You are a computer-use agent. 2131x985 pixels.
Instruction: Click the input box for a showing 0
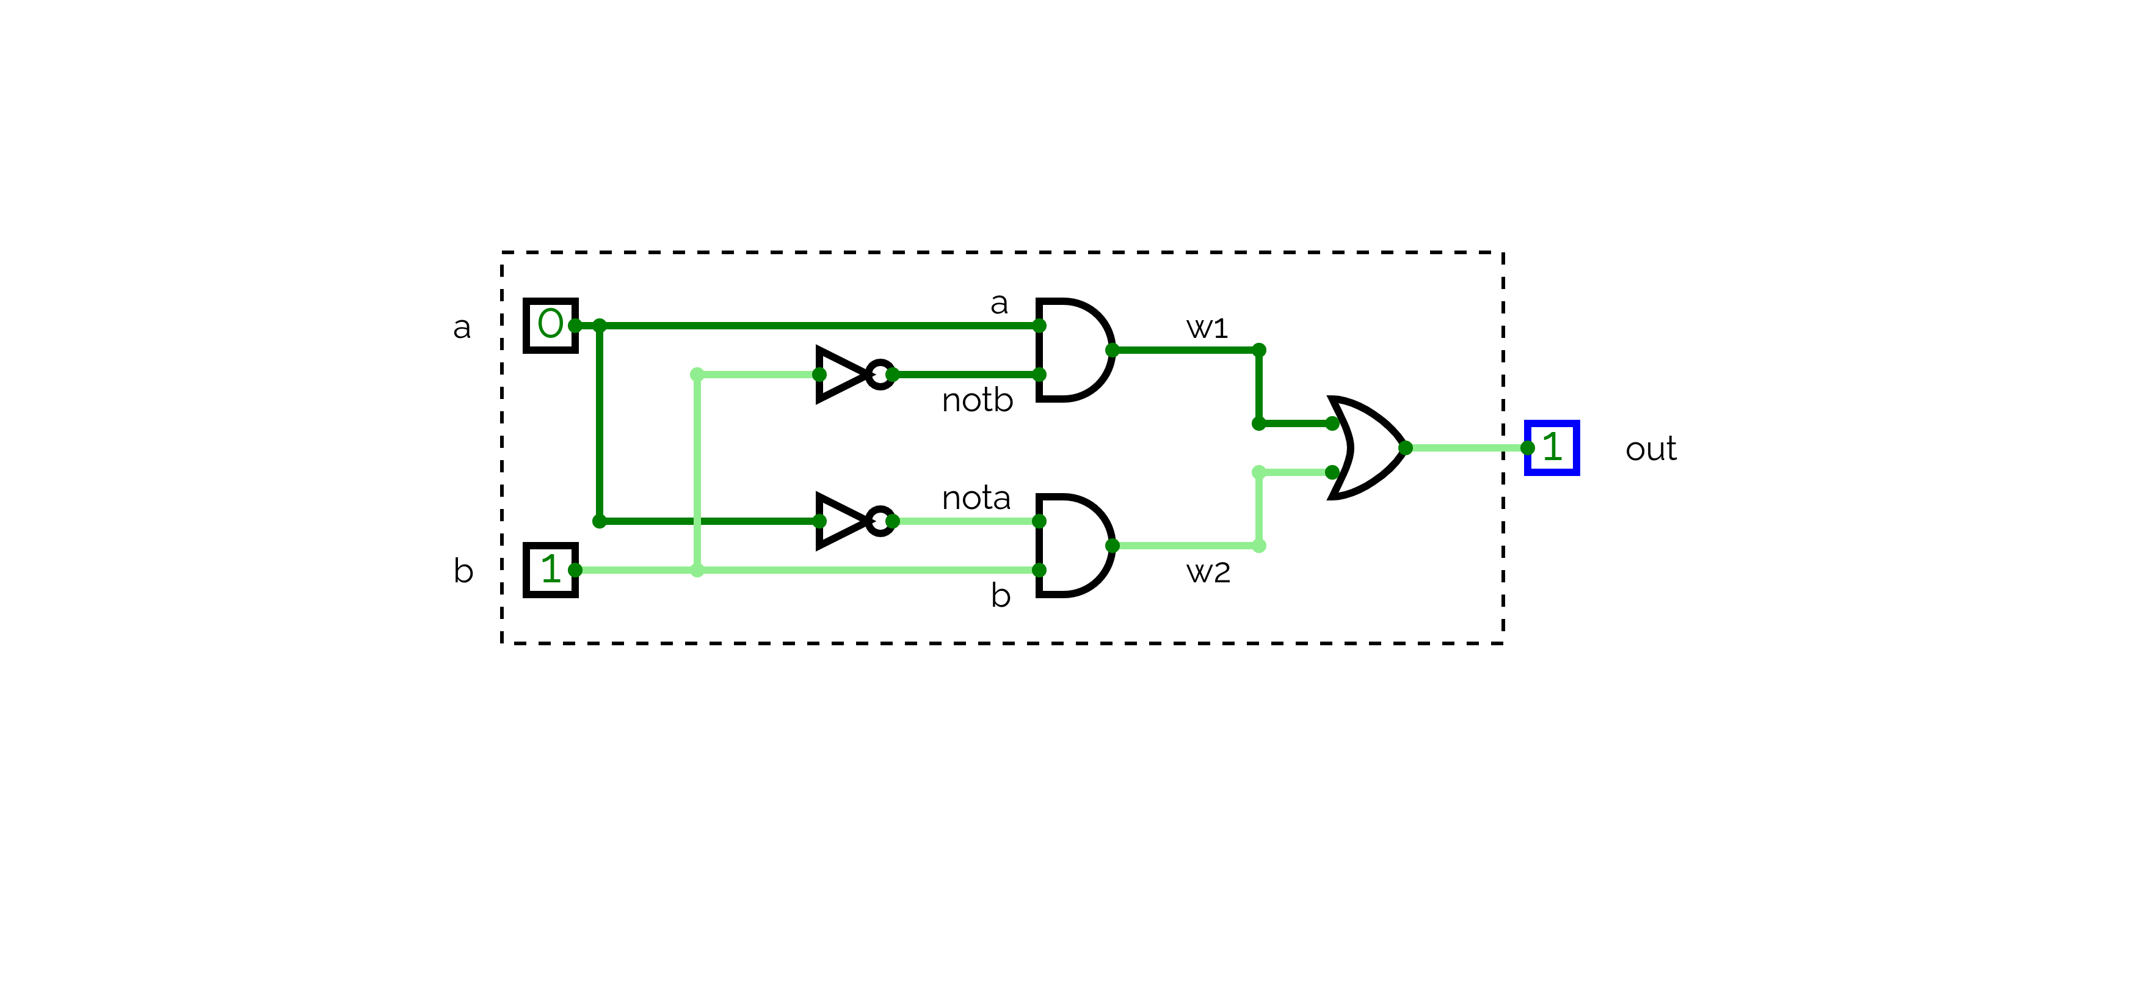(550, 325)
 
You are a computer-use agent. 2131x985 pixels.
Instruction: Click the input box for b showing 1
(550, 569)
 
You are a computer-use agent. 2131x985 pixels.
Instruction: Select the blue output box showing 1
(1551, 448)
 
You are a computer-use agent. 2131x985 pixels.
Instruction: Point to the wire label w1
(1207, 328)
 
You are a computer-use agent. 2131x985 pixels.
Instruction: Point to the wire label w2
(1208, 572)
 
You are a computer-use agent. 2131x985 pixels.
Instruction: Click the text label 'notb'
(977, 401)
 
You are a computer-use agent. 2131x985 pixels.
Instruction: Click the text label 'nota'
(976, 498)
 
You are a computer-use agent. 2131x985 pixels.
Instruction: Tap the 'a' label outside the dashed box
(462, 328)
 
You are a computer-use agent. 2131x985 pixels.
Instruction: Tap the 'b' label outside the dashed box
(463, 571)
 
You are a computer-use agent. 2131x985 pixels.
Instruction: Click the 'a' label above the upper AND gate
(1000, 304)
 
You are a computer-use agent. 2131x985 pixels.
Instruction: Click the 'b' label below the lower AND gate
(1000, 596)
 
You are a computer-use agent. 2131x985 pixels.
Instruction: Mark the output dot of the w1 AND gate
(1112, 350)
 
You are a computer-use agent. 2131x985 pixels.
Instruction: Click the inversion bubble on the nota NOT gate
(880, 521)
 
